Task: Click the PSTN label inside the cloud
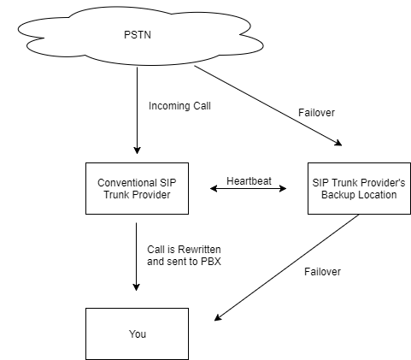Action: point(138,35)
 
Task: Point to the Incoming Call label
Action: point(179,106)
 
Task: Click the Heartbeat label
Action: point(249,180)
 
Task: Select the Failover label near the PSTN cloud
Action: point(316,113)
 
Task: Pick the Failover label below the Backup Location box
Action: point(322,272)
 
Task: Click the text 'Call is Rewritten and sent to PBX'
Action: point(184,256)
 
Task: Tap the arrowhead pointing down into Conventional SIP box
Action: point(137,150)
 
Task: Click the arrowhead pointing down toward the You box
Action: point(136,287)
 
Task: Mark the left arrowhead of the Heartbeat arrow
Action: point(214,188)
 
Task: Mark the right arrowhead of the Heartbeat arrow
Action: point(283,188)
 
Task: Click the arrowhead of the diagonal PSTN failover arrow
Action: point(338,143)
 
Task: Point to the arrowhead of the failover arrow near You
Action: point(218,317)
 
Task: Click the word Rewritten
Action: point(199,250)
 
